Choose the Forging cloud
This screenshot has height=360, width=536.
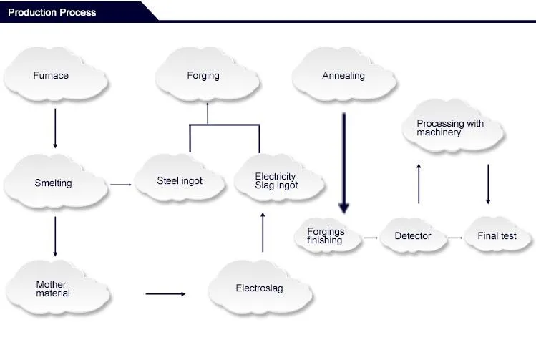(207, 74)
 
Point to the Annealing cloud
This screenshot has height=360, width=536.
(344, 74)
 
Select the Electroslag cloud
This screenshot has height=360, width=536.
(260, 288)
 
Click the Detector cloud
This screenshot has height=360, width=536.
(414, 235)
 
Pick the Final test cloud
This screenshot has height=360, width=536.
(498, 235)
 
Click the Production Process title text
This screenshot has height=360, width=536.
(52, 13)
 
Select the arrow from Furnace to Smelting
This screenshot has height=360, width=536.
(55, 129)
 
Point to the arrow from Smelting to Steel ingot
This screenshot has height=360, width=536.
(121, 185)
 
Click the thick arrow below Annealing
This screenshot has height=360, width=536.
(344, 162)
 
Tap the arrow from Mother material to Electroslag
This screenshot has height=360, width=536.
(165, 293)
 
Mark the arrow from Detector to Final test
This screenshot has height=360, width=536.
(455, 238)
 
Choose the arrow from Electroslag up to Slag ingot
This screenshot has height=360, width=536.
(263, 232)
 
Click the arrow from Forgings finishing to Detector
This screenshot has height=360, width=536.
(371, 238)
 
